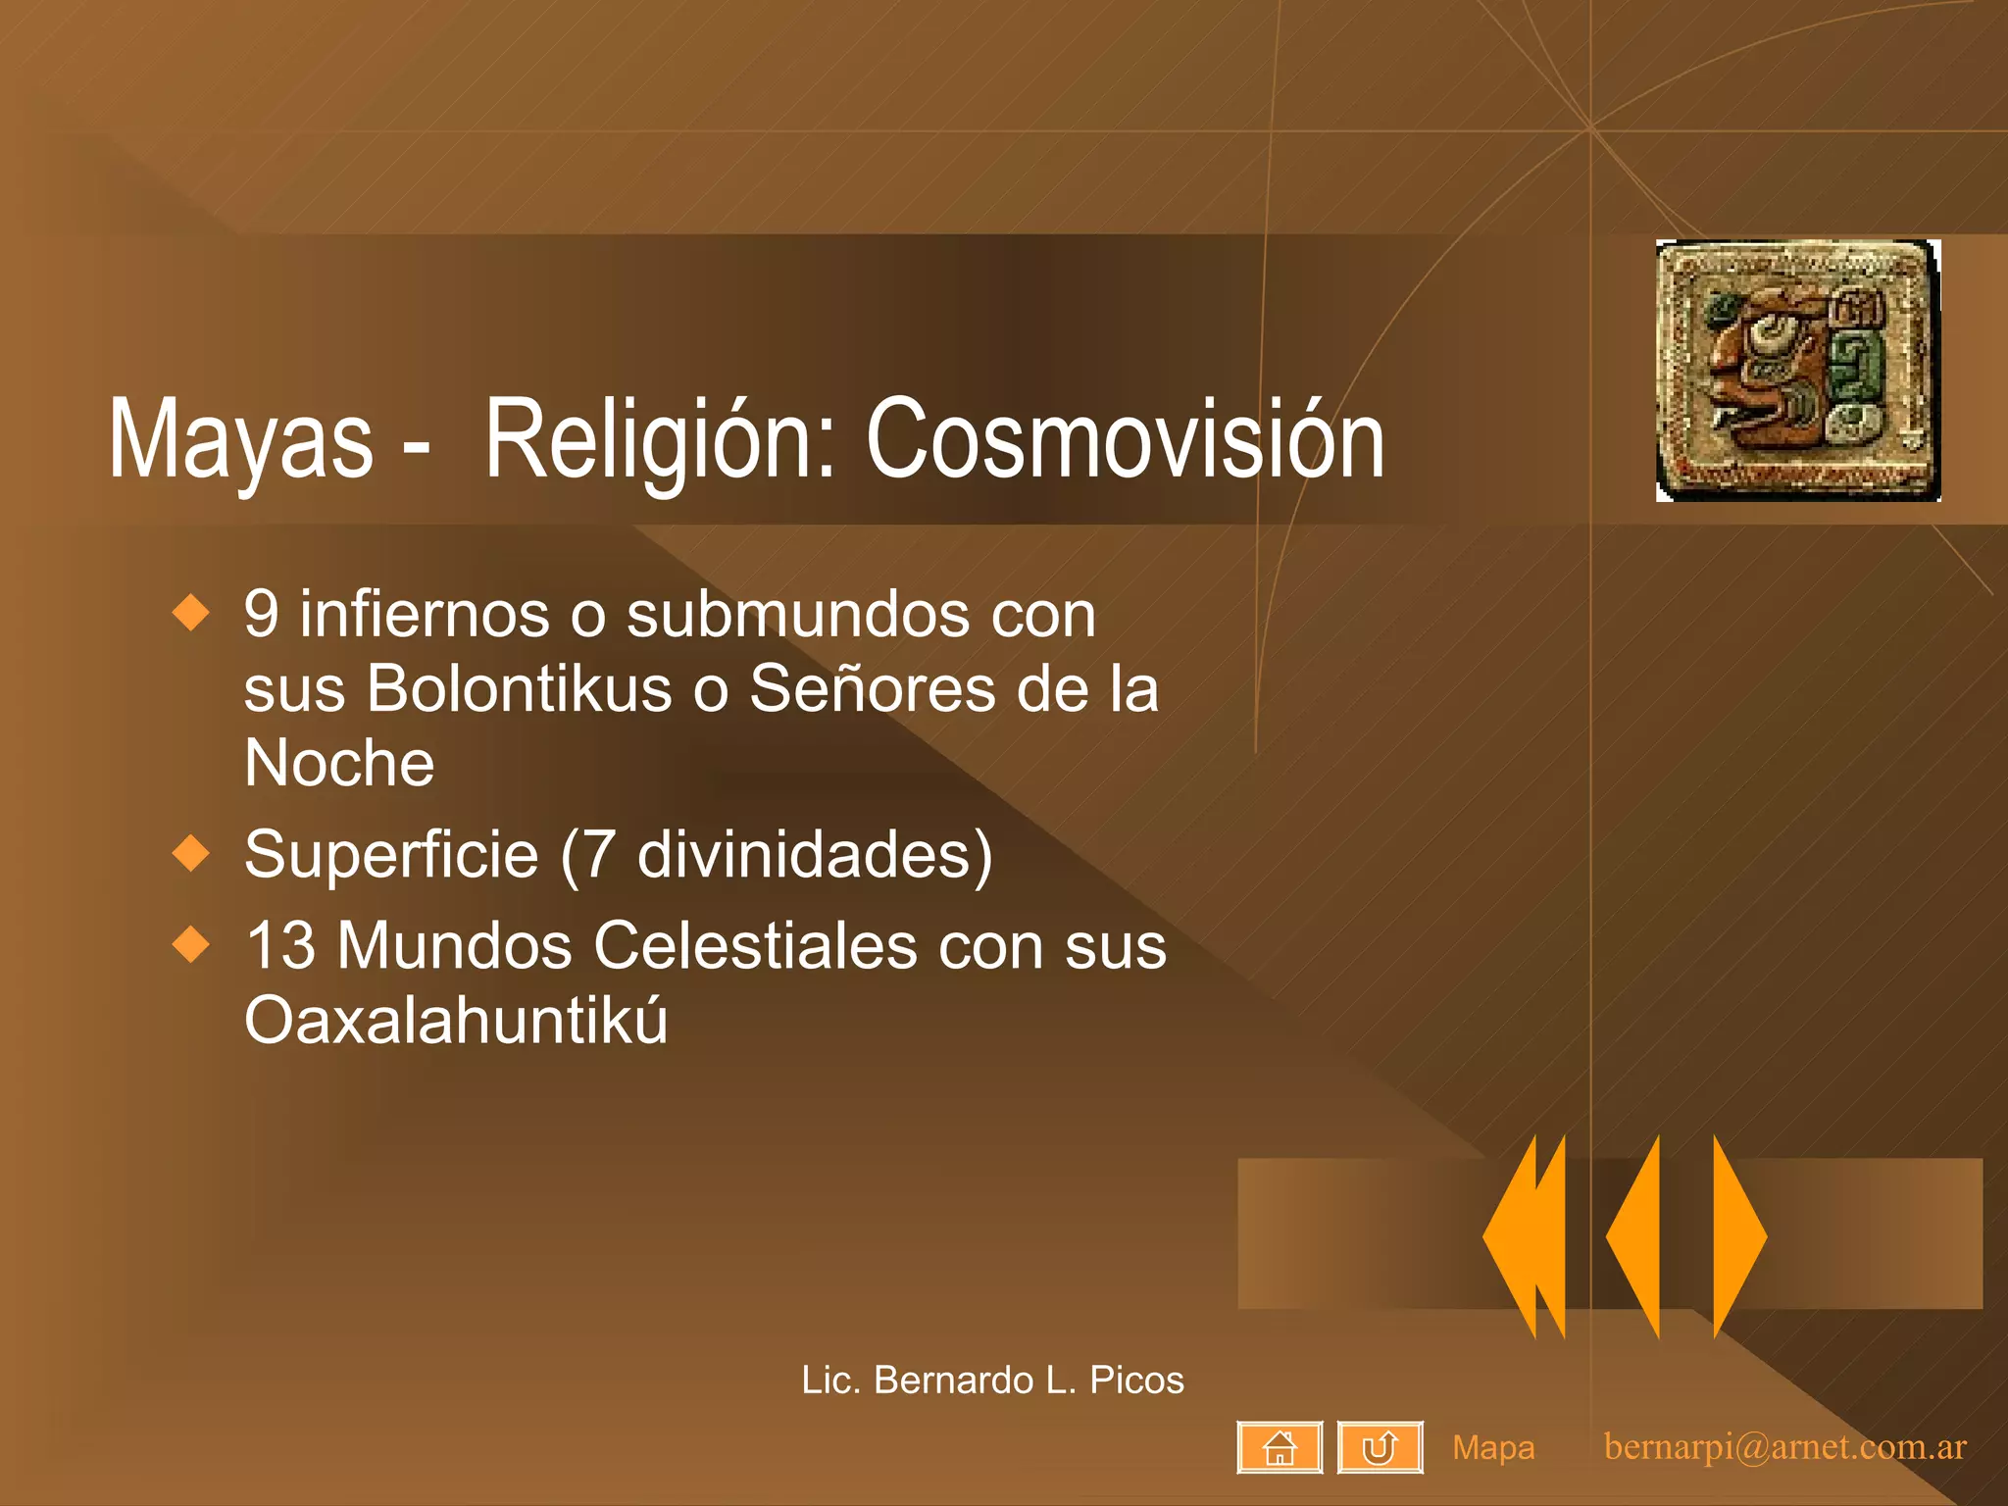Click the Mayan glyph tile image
(1797, 371)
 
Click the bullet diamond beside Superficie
(191, 853)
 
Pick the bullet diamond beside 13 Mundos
(191, 944)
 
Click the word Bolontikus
(520, 688)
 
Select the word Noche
(339, 763)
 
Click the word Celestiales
(756, 946)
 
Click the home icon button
(1280, 1447)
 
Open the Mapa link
(1493, 1447)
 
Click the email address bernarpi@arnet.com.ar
(1784, 1447)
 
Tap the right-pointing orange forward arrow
(1738, 1236)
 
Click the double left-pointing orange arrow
(1526, 1236)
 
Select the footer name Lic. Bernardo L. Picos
(992, 1380)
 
